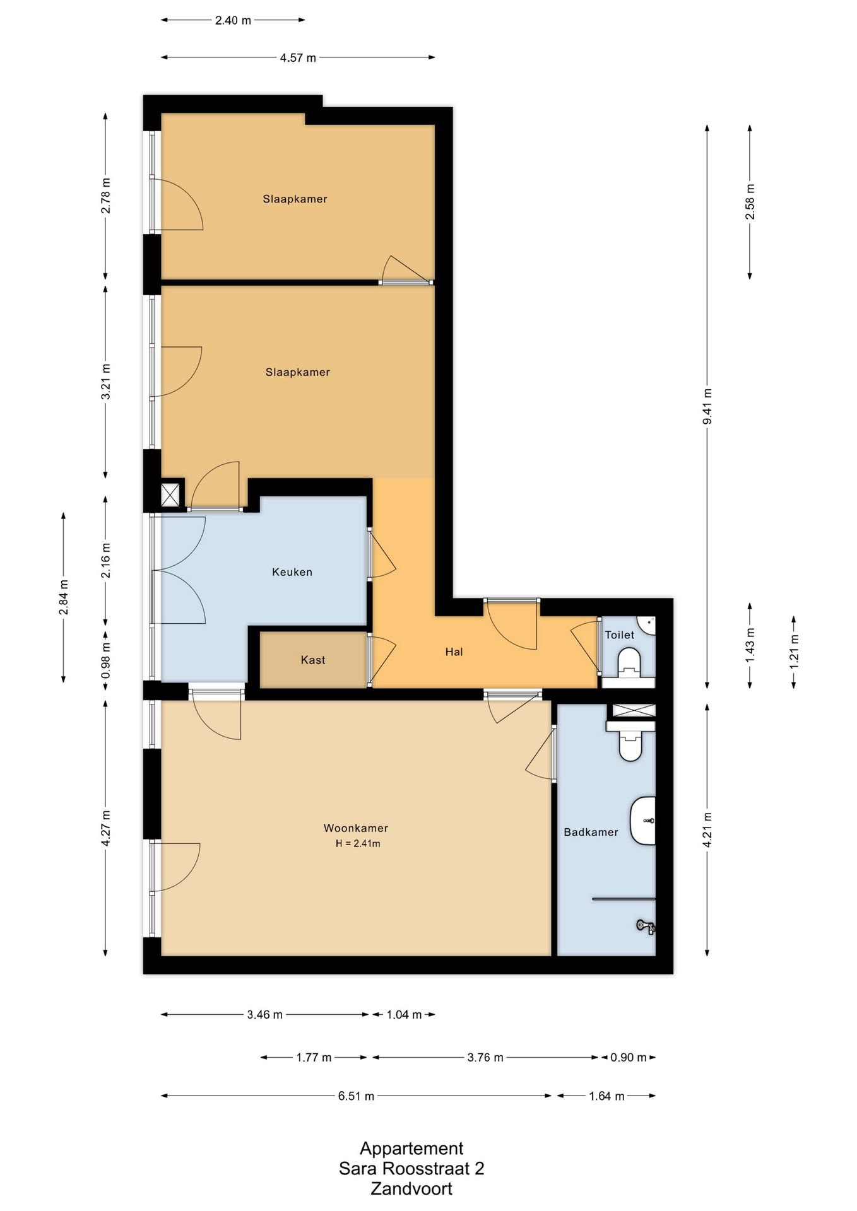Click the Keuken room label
click(x=292, y=572)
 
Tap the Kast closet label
click(x=313, y=660)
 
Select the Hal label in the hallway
click(x=454, y=652)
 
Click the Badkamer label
click(x=591, y=832)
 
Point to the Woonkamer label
click(x=356, y=828)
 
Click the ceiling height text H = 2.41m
click(x=358, y=843)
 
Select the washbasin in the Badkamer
click(x=643, y=821)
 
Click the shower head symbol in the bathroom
click(x=646, y=926)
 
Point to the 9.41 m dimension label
click(x=707, y=407)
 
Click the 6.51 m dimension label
click(x=356, y=1096)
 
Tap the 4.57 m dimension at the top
click(x=298, y=58)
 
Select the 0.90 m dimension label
click(x=628, y=1058)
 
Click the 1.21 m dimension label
click(x=794, y=652)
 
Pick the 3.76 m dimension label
click(x=485, y=1058)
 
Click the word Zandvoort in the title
click(x=411, y=1189)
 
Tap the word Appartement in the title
click(x=411, y=1148)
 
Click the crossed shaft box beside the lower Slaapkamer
click(x=171, y=494)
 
